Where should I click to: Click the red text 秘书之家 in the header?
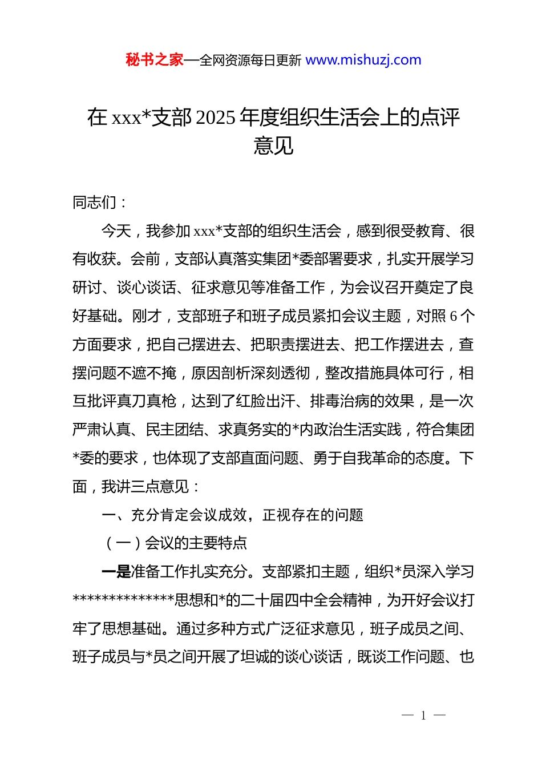[x=155, y=60]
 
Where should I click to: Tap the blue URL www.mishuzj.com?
[x=363, y=60]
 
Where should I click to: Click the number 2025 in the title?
[x=215, y=118]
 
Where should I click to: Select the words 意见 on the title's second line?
[x=273, y=146]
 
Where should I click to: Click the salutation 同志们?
[x=94, y=203]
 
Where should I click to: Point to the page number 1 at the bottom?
[x=423, y=716]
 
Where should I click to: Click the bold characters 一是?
[x=116, y=572]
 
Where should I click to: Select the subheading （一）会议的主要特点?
[x=175, y=543]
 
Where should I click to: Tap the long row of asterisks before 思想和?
[x=123, y=600]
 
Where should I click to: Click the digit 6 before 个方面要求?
[x=454, y=316]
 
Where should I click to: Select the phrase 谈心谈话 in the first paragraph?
[x=146, y=288]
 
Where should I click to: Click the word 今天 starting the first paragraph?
[x=116, y=231]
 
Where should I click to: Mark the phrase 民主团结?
[x=175, y=430]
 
